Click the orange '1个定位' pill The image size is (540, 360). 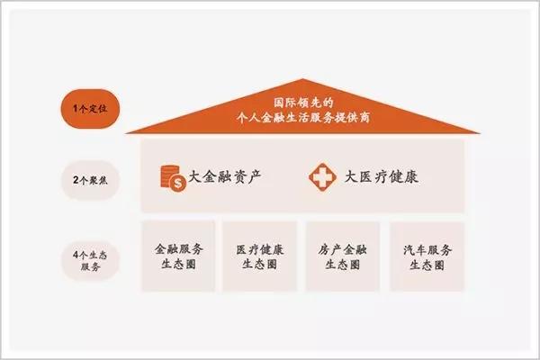point(90,109)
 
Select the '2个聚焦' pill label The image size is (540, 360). point(90,180)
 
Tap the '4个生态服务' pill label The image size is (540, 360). point(90,260)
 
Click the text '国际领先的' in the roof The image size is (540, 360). point(303,103)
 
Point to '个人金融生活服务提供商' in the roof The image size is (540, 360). point(303,118)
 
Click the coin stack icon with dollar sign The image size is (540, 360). point(173,178)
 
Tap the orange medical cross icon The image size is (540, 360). point(323,177)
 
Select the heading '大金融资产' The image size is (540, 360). point(225,177)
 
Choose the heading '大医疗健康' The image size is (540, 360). point(382,177)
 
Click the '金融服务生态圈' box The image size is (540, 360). point(178,256)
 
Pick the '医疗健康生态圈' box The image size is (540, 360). point(260,256)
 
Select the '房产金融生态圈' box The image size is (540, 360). point(343,256)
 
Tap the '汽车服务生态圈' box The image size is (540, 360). point(427,256)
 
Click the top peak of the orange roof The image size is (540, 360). point(303,80)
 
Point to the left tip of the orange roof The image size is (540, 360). point(126,133)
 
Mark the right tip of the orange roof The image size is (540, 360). point(479,132)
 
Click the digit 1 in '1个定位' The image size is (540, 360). point(75,109)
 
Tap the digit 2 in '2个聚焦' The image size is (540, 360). point(76,180)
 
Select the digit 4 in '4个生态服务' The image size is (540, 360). point(76,256)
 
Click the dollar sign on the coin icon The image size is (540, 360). point(178,184)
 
